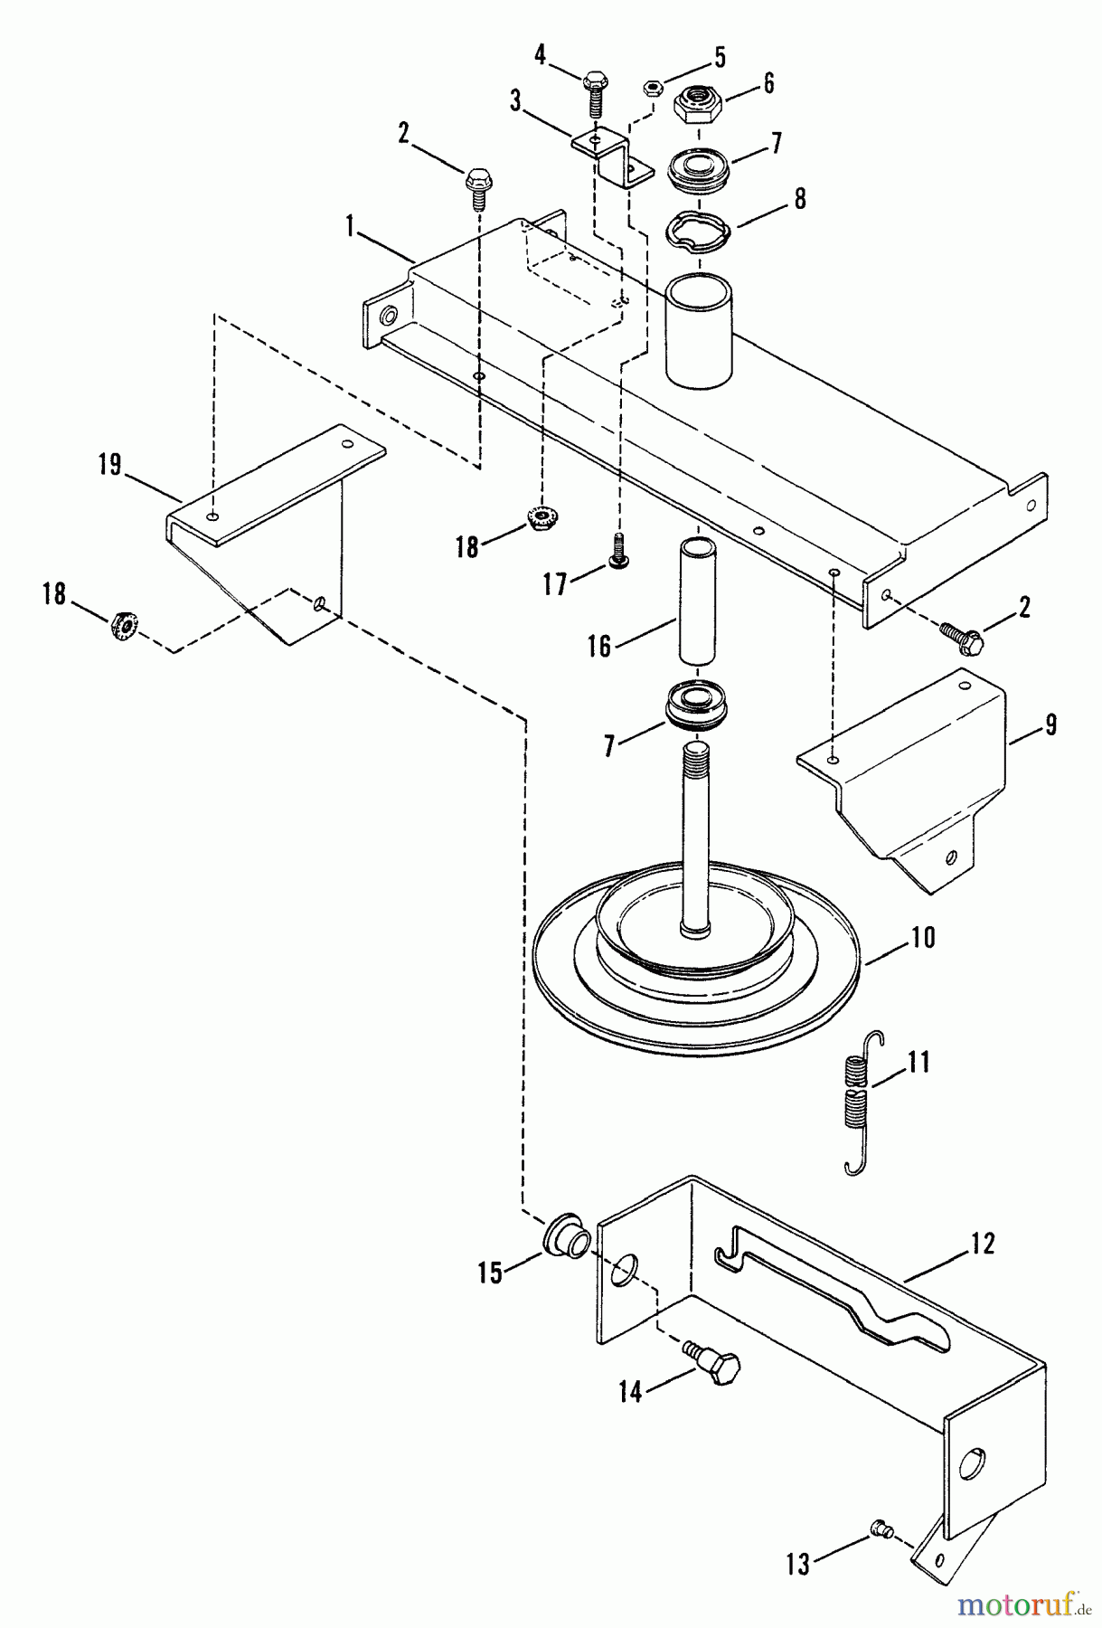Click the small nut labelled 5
(x=650, y=88)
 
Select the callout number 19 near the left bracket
(x=109, y=467)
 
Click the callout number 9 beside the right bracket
(x=1051, y=724)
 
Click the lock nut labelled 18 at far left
(x=120, y=624)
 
